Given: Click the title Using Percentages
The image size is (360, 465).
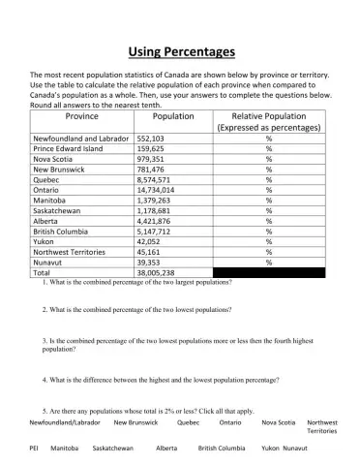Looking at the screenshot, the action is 181,51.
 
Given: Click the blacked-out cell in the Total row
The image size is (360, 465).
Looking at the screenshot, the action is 268,274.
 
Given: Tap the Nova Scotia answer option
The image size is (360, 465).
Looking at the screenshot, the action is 279,423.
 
